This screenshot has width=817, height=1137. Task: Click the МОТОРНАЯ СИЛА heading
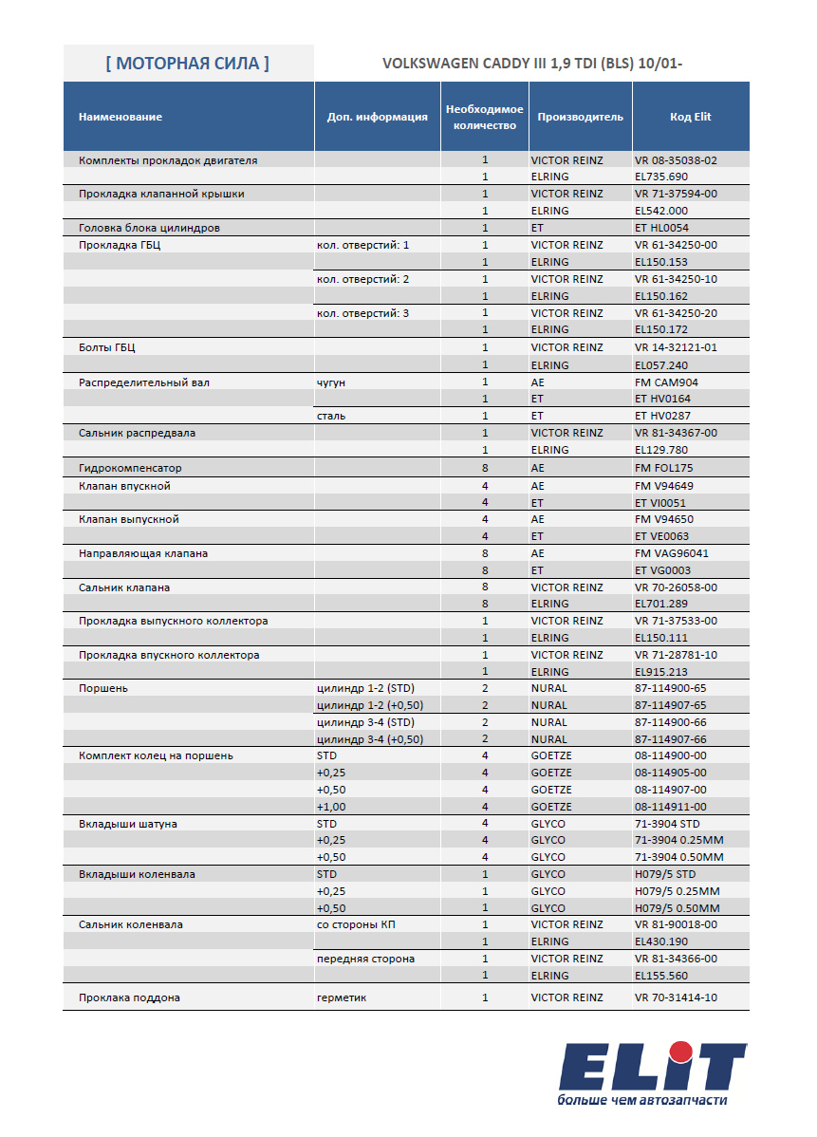pos(187,64)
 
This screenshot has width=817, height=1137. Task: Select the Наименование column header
pos(121,117)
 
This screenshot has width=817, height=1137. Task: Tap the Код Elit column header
pos(690,117)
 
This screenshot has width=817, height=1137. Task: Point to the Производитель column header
pos(580,117)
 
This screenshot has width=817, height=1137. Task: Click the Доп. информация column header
pos(377,118)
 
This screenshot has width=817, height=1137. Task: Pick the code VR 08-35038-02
pos(676,160)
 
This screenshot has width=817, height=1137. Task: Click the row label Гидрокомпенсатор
pos(130,468)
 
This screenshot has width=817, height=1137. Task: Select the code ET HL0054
pos(661,228)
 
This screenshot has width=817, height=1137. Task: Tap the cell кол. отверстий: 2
pos(363,279)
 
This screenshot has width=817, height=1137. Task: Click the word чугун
pos(331,382)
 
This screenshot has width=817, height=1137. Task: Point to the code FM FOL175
pos(664,468)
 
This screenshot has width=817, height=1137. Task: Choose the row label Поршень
pos(103,688)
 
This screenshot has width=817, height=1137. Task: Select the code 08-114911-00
pos(670,807)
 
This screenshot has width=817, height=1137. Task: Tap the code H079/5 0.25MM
pos(677,891)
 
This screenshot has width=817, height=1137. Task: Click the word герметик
pos(342,997)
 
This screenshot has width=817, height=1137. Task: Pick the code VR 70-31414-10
pos(676,997)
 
